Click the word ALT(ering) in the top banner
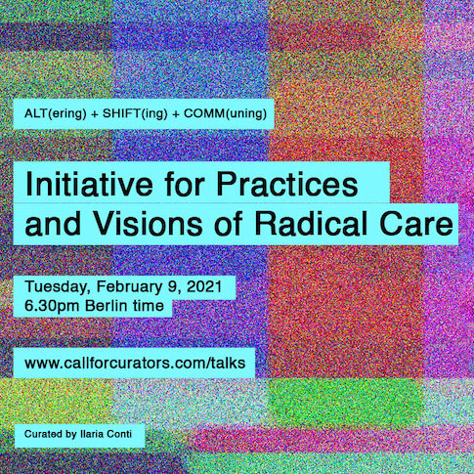tap(56, 113)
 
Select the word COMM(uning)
tap(225, 113)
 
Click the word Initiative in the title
tap(89, 184)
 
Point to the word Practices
tap(287, 184)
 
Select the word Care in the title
tap(416, 224)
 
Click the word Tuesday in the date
tap(58, 287)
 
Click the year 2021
tap(204, 286)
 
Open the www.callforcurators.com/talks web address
tap(135, 363)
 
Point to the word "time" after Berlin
tap(149, 306)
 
